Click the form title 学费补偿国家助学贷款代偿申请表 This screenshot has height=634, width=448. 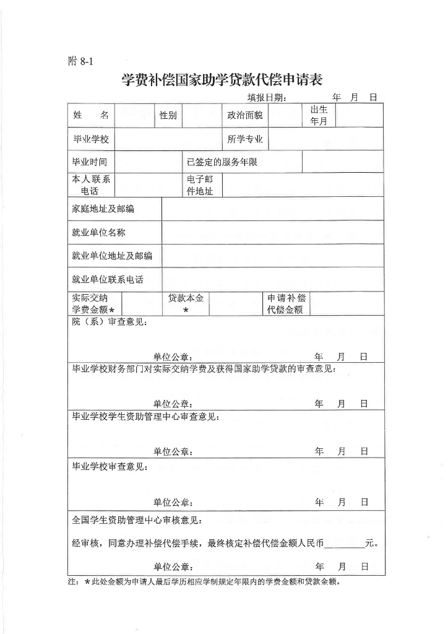click(222, 80)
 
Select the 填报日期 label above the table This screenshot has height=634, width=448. click(267, 97)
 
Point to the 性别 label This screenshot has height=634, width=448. click(168, 115)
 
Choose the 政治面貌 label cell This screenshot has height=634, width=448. click(245, 115)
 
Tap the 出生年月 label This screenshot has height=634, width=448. click(319, 115)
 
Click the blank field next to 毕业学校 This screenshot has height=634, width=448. click(167, 139)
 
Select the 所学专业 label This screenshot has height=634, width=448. click(245, 139)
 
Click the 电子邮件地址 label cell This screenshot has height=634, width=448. click(200, 185)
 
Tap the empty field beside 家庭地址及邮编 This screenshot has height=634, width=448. click(272, 209)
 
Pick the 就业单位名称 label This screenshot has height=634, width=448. click(99, 233)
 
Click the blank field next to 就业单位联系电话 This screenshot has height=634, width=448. click(272, 279)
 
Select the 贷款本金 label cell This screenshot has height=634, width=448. click(186, 303)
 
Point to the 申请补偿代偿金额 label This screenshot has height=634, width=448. click(286, 303)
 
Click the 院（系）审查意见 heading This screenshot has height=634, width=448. click(110, 322)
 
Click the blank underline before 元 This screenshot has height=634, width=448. click(344, 545)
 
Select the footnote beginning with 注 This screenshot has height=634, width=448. click(204, 582)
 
